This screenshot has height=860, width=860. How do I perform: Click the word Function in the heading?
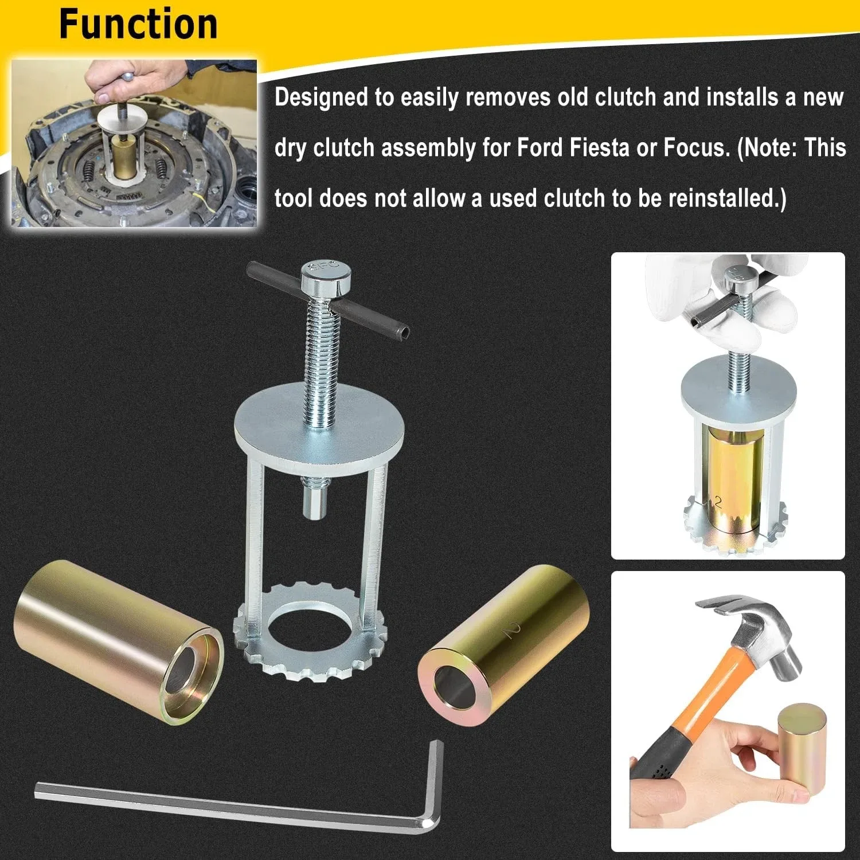coord(138,24)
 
